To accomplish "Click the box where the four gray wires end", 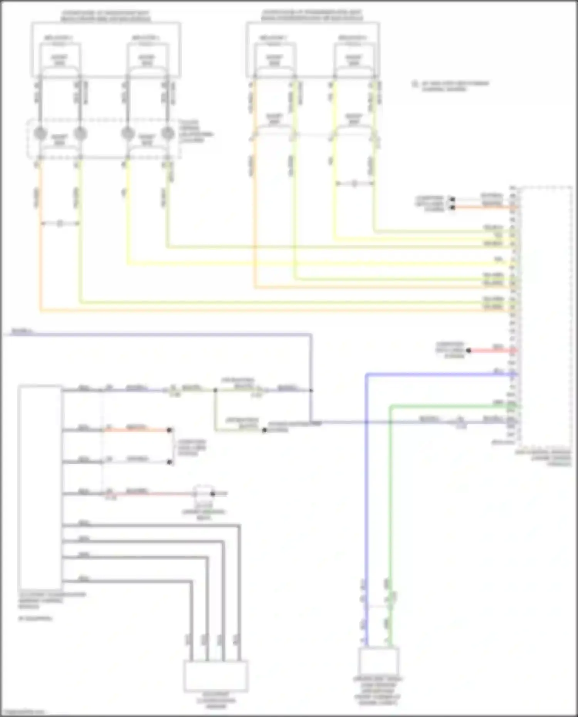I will (x=216, y=676).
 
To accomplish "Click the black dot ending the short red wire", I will (x=469, y=350).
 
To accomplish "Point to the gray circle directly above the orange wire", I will (x=40, y=134).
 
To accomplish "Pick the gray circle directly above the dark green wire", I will (x=167, y=134).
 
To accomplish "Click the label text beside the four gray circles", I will (x=196, y=131).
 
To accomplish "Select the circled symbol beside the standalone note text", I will (x=415, y=84).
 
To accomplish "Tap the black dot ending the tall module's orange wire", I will (x=169, y=430).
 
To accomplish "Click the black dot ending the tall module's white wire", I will (x=169, y=462).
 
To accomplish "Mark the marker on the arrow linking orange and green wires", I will (x=60, y=223).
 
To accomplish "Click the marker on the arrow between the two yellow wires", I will (x=354, y=184).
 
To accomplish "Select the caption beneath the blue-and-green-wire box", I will (x=377, y=692).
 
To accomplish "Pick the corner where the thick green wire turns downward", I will (x=390, y=406).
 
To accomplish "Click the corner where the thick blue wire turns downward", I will (x=366, y=374).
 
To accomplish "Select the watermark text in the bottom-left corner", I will (x=22, y=712).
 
